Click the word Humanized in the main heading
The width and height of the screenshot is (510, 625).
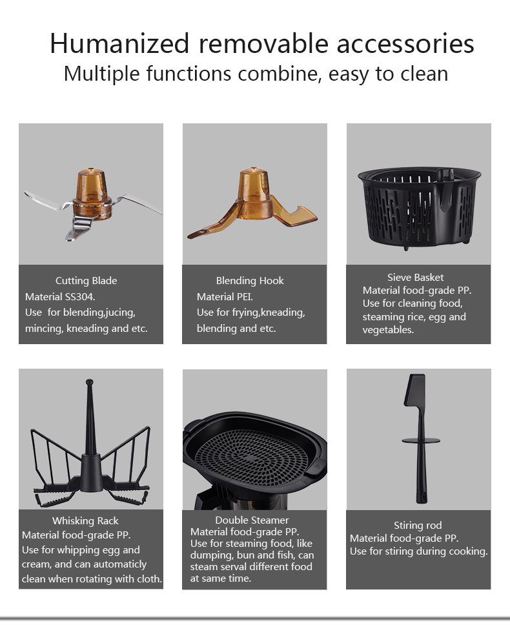pos(119,43)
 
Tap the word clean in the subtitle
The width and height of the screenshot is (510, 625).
pos(424,74)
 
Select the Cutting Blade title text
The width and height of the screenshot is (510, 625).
pos(86,281)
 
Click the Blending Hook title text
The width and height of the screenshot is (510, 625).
pos(250,281)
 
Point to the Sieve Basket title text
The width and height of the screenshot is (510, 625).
pos(415,278)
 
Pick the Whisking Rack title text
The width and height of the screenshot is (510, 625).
pos(85,521)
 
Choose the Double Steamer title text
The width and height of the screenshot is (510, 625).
pos(252,520)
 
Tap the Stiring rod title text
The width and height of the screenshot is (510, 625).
pos(418,526)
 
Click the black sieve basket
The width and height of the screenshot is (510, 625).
pos(419,208)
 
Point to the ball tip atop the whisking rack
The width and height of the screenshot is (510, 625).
pos(89,382)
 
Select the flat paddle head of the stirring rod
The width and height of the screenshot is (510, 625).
pos(415,391)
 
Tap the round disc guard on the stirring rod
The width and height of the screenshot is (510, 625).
pos(421,441)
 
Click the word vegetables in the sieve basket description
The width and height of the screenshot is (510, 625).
pos(388,331)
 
